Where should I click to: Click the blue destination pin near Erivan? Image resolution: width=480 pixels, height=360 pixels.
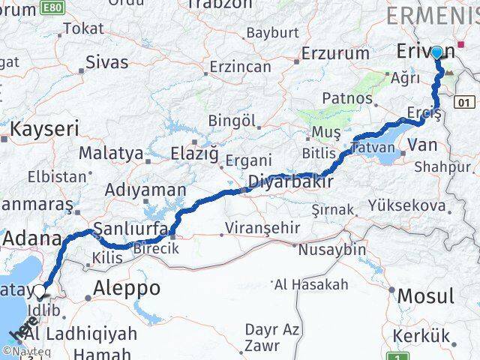click(436, 52)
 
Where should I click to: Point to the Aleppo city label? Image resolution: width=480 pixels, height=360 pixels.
click(127, 288)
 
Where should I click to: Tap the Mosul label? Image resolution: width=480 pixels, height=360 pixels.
click(425, 295)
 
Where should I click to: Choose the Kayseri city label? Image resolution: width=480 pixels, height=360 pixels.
click(44, 128)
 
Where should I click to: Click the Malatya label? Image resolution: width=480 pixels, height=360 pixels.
click(111, 153)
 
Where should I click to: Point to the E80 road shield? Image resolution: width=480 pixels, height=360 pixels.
click(52, 7)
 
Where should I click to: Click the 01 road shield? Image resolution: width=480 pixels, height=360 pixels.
click(466, 102)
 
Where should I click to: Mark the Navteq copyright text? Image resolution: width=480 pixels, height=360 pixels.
click(22, 350)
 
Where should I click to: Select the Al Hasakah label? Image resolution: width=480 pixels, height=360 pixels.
click(312, 284)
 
